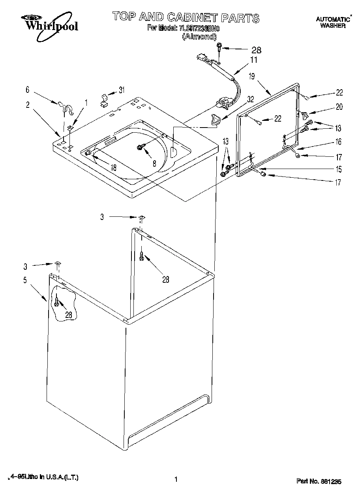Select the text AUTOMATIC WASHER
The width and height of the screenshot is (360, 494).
333,22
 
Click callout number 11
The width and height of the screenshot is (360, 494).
253,60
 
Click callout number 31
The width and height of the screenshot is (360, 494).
122,90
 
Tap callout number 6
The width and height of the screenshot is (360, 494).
28,90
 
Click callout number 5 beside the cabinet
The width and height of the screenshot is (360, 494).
25,281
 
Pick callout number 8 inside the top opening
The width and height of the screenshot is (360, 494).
154,162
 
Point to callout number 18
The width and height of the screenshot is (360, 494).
113,167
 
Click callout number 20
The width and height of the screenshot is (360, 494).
339,107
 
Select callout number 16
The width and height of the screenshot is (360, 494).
339,142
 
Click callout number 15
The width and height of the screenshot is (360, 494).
339,169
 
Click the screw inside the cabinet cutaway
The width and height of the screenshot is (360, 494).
58,302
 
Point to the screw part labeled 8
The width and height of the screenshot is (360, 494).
140,147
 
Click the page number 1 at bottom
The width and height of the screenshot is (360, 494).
176,480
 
